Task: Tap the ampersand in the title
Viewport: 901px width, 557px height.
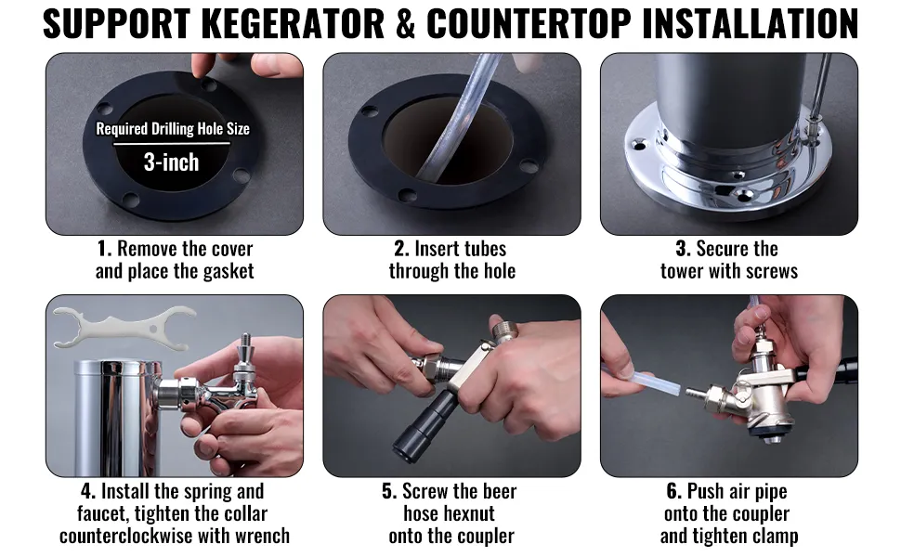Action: point(406,23)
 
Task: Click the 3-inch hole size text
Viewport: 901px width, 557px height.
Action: point(171,162)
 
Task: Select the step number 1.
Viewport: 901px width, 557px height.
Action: point(104,249)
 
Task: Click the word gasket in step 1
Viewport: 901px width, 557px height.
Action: point(228,271)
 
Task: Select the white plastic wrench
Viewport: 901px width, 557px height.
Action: point(124,328)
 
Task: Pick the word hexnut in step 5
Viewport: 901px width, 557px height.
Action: point(449,513)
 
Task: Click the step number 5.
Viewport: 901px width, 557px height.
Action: point(389,491)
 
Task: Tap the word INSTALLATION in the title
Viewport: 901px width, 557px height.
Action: point(751,23)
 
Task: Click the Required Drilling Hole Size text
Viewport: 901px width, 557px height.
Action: point(173,129)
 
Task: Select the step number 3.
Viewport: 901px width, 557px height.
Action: point(683,249)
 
